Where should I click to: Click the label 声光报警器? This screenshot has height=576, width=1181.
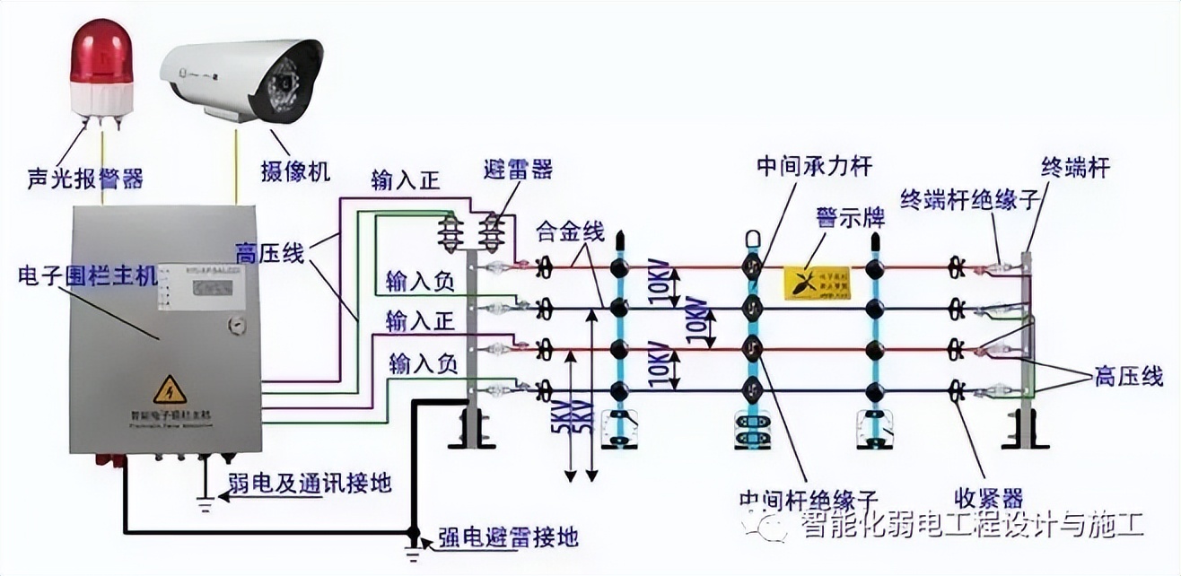click(x=84, y=178)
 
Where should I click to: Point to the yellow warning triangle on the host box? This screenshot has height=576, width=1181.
click(x=169, y=390)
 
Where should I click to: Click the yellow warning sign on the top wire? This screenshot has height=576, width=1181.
click(x=817, y=281)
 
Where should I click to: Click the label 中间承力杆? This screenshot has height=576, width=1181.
click(x=814, y=166)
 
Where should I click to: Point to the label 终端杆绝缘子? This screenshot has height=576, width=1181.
click(x=969, y=198)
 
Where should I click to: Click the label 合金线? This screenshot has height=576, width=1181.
click(x=570, y=231)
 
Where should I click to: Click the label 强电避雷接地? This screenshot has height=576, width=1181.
click(x=508, y=537)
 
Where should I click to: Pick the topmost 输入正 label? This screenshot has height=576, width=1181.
click(x=406, y=179)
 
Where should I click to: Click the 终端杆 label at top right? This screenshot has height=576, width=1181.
click(x=1075, y=167)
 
